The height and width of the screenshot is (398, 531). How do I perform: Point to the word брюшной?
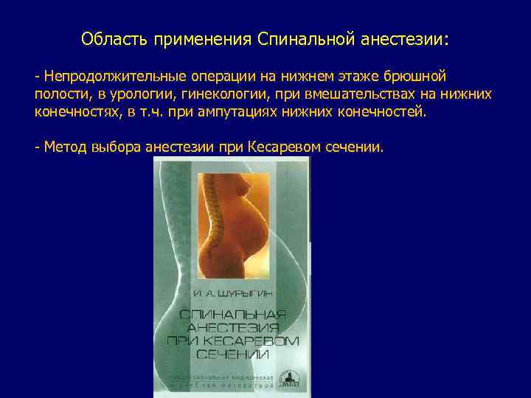tap(420, 77)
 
